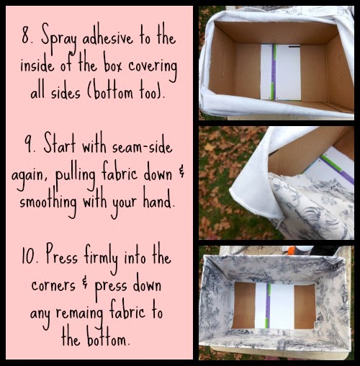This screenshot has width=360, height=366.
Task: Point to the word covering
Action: point(153,68)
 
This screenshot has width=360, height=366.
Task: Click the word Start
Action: point(60,143)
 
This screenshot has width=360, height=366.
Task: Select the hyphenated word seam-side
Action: point(142,147)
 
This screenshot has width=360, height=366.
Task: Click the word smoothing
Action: point(48,202)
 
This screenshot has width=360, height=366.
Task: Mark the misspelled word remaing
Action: point(80,313)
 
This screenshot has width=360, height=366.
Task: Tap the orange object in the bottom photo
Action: point(292,250)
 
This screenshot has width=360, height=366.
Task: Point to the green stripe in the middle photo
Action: point(331,163)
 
